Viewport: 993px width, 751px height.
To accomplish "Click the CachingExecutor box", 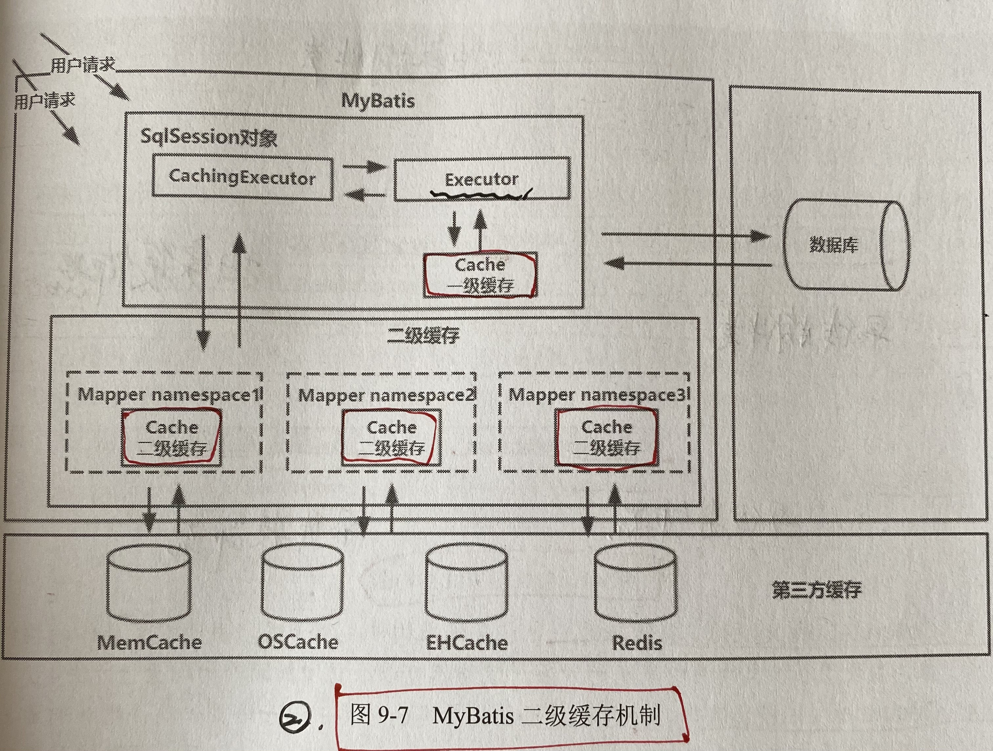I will tap(242, 177).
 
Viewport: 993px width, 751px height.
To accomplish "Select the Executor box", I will tap(482, 179).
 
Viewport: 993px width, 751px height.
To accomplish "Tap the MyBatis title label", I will tap(378, 100).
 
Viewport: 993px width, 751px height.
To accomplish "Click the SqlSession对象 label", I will tap(208, 137).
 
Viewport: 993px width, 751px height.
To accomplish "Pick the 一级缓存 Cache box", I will tap(480, 275).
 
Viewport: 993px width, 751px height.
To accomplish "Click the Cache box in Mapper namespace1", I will tap(171, 437).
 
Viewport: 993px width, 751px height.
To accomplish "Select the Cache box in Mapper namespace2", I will tap(391, 437).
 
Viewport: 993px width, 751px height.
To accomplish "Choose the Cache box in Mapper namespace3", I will tap(607, 436).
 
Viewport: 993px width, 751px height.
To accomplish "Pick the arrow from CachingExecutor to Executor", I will tap(364, 167).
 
